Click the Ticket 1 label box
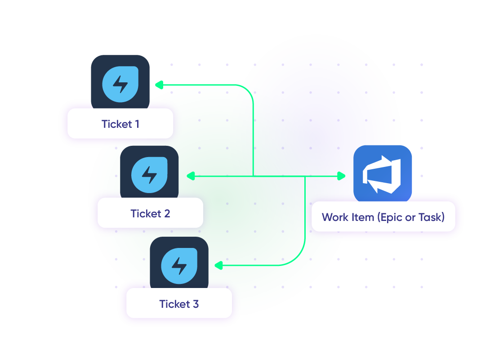point(120,124)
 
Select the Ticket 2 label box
point(150,213)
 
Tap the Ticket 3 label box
point(179,304)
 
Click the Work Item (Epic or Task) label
point(383,217)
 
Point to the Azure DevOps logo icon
point(383,174)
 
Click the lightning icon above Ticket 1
point(120,83)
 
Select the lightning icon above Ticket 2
point(149,174)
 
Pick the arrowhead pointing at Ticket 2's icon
point(190,176)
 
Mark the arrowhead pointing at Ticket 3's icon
point(218,265)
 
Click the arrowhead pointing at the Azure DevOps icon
point(342,176)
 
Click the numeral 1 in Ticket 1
point(136,124)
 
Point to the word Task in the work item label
point(431,217)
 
